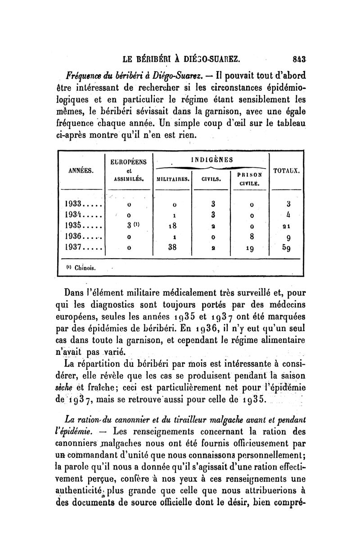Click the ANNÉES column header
tap(81, 170)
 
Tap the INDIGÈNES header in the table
tap(212, 159)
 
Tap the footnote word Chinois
tap(88, 269)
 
